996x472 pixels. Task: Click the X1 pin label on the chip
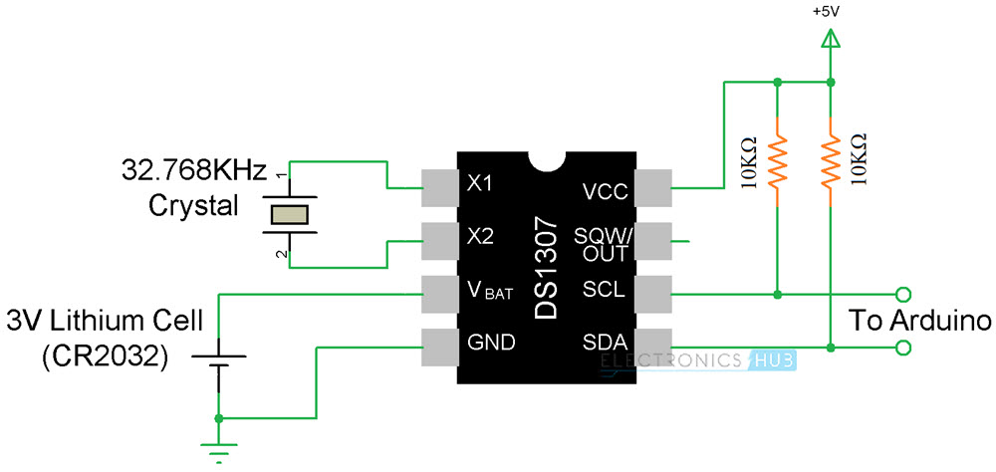(480, 184)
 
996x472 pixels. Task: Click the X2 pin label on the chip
(480, 238)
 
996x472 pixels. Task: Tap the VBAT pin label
(487, 291)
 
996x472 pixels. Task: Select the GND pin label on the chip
(491, 344)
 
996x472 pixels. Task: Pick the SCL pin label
(606, 291)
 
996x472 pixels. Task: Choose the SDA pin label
(606, 344)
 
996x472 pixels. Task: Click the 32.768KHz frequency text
(193, 168)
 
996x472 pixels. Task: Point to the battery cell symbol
(217, 356)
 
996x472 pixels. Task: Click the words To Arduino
(919, 321)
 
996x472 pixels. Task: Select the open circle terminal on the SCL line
(903, 294)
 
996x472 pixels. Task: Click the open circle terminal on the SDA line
(903, 348)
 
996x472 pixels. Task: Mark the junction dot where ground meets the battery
(217, 418)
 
